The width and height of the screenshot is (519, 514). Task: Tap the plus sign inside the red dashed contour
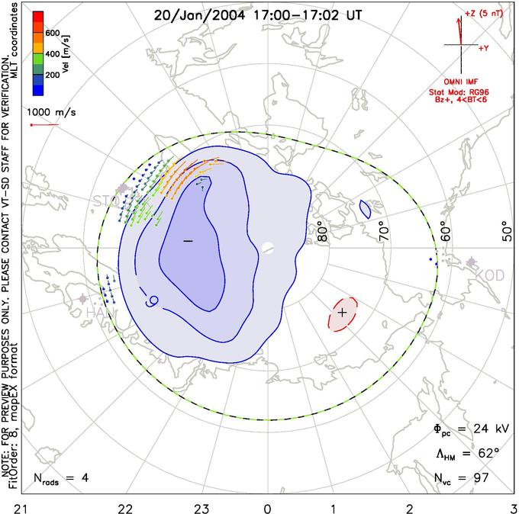343,313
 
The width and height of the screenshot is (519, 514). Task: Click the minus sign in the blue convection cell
188,240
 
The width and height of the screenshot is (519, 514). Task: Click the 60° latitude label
445,230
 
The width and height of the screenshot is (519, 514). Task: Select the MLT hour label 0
267,506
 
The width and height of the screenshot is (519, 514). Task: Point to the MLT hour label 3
514,506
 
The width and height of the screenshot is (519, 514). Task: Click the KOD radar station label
489,274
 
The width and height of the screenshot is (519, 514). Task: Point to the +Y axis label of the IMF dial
483,48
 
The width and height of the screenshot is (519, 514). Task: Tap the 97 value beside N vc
481,478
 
